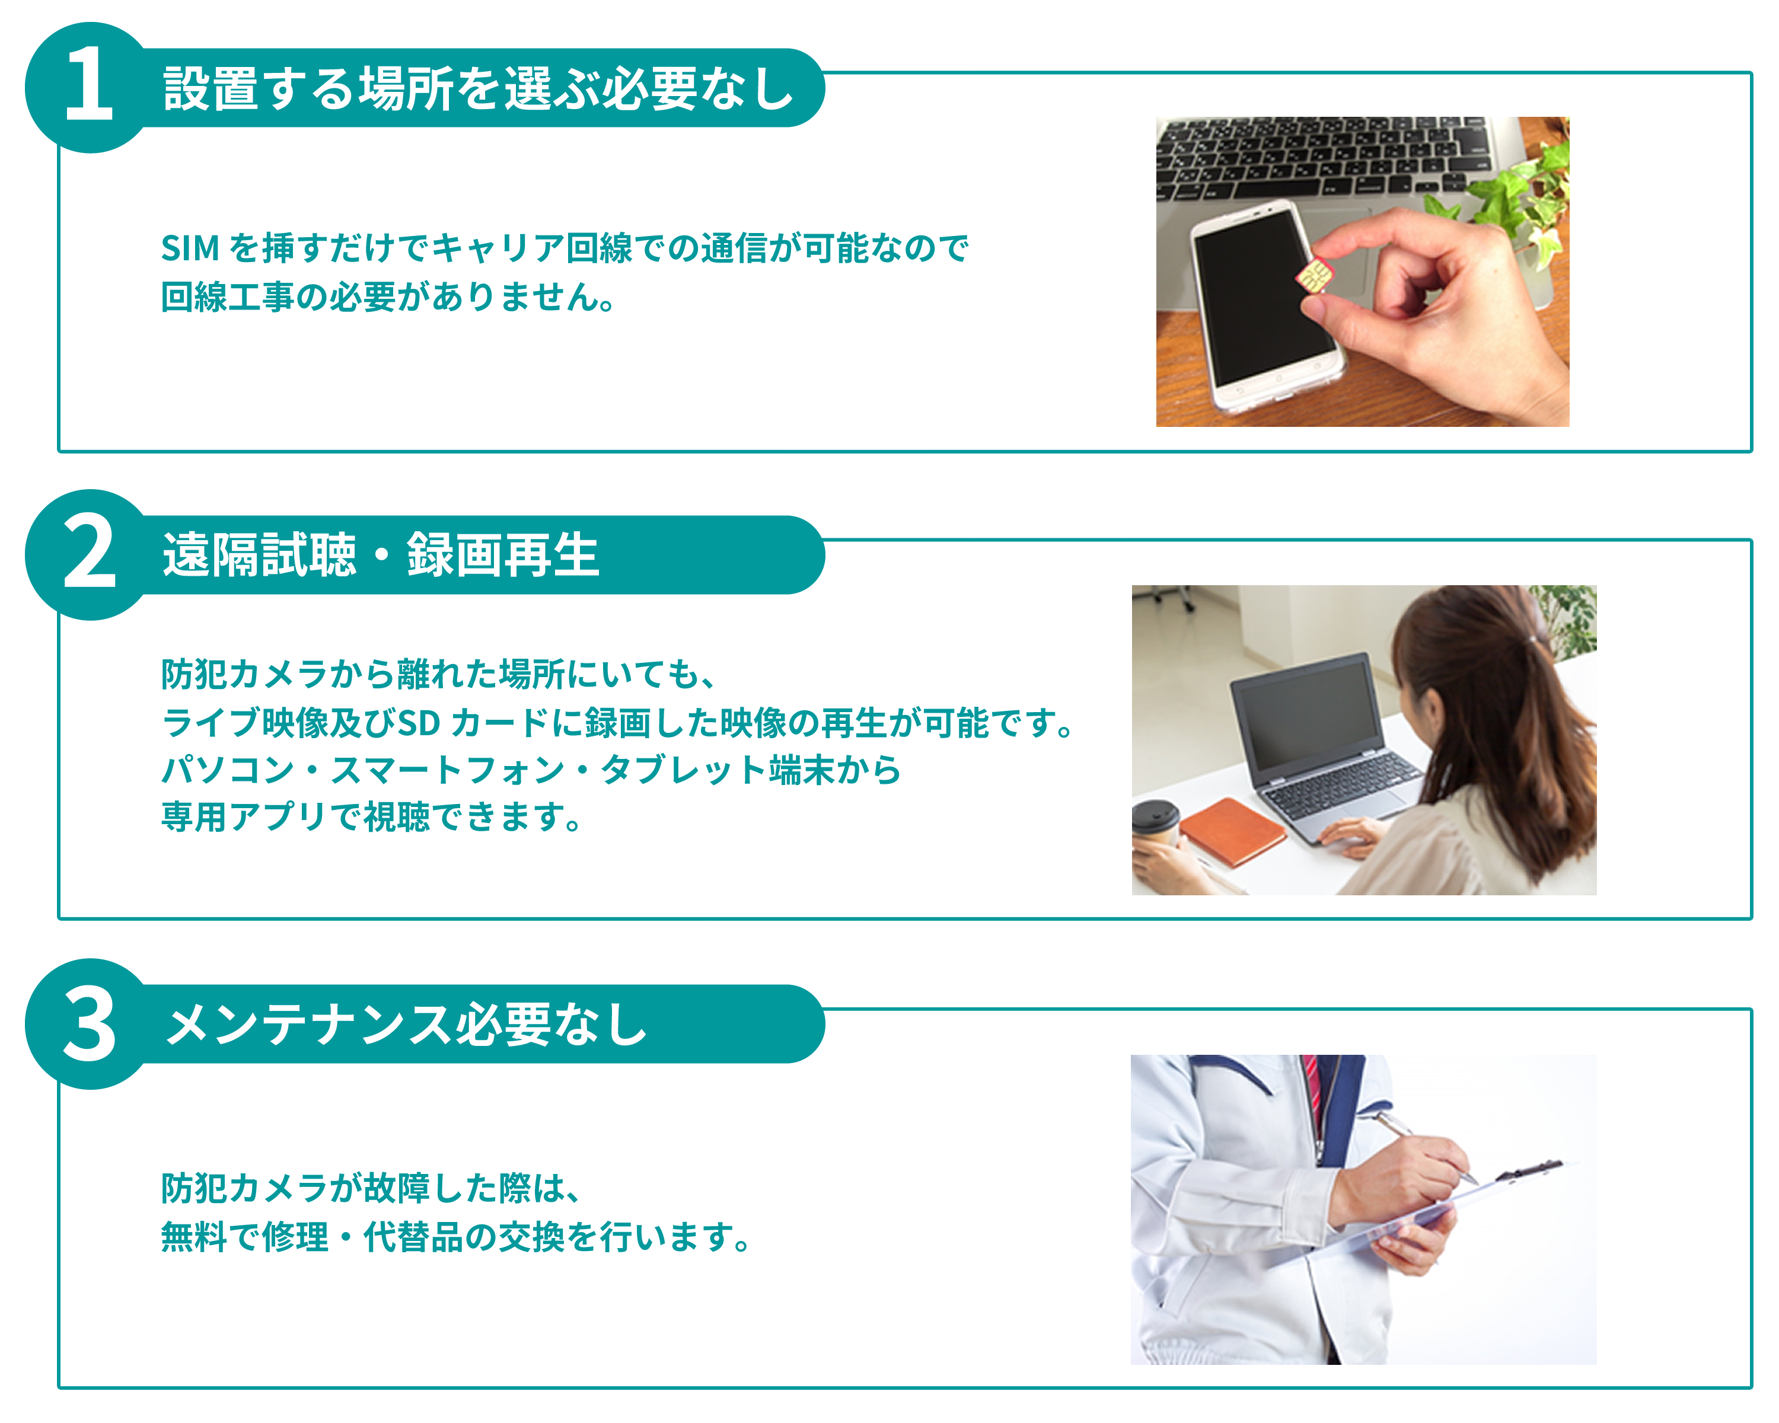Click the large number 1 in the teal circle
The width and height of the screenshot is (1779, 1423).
point(89,85)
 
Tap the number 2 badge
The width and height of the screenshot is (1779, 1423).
point(89,553)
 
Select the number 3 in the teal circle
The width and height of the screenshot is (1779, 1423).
point(89,1024)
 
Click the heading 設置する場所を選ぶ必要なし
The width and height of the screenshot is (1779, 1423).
point(479,88)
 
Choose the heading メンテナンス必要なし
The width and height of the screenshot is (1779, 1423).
point(406,1025)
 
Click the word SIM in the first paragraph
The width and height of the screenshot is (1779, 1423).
point(190,247)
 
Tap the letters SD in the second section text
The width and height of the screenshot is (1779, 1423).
point(419,723)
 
